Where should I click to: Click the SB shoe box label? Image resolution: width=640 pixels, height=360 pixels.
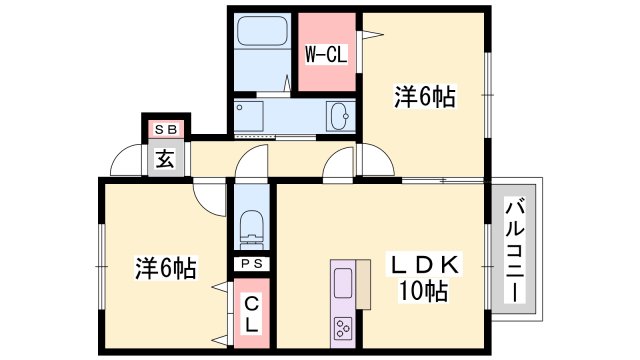coord(164,130)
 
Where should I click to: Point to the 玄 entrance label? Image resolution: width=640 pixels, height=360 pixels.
coord(163,159)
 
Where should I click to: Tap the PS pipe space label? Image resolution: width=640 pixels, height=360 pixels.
coord(250,263)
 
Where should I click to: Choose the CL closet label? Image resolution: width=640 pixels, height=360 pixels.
coord(251,314)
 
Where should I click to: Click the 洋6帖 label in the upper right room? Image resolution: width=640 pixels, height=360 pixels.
coord(424,97)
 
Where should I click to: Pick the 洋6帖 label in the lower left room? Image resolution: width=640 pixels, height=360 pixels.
coord(165,268)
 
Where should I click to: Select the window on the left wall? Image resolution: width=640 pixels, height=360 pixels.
coord(101,265)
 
